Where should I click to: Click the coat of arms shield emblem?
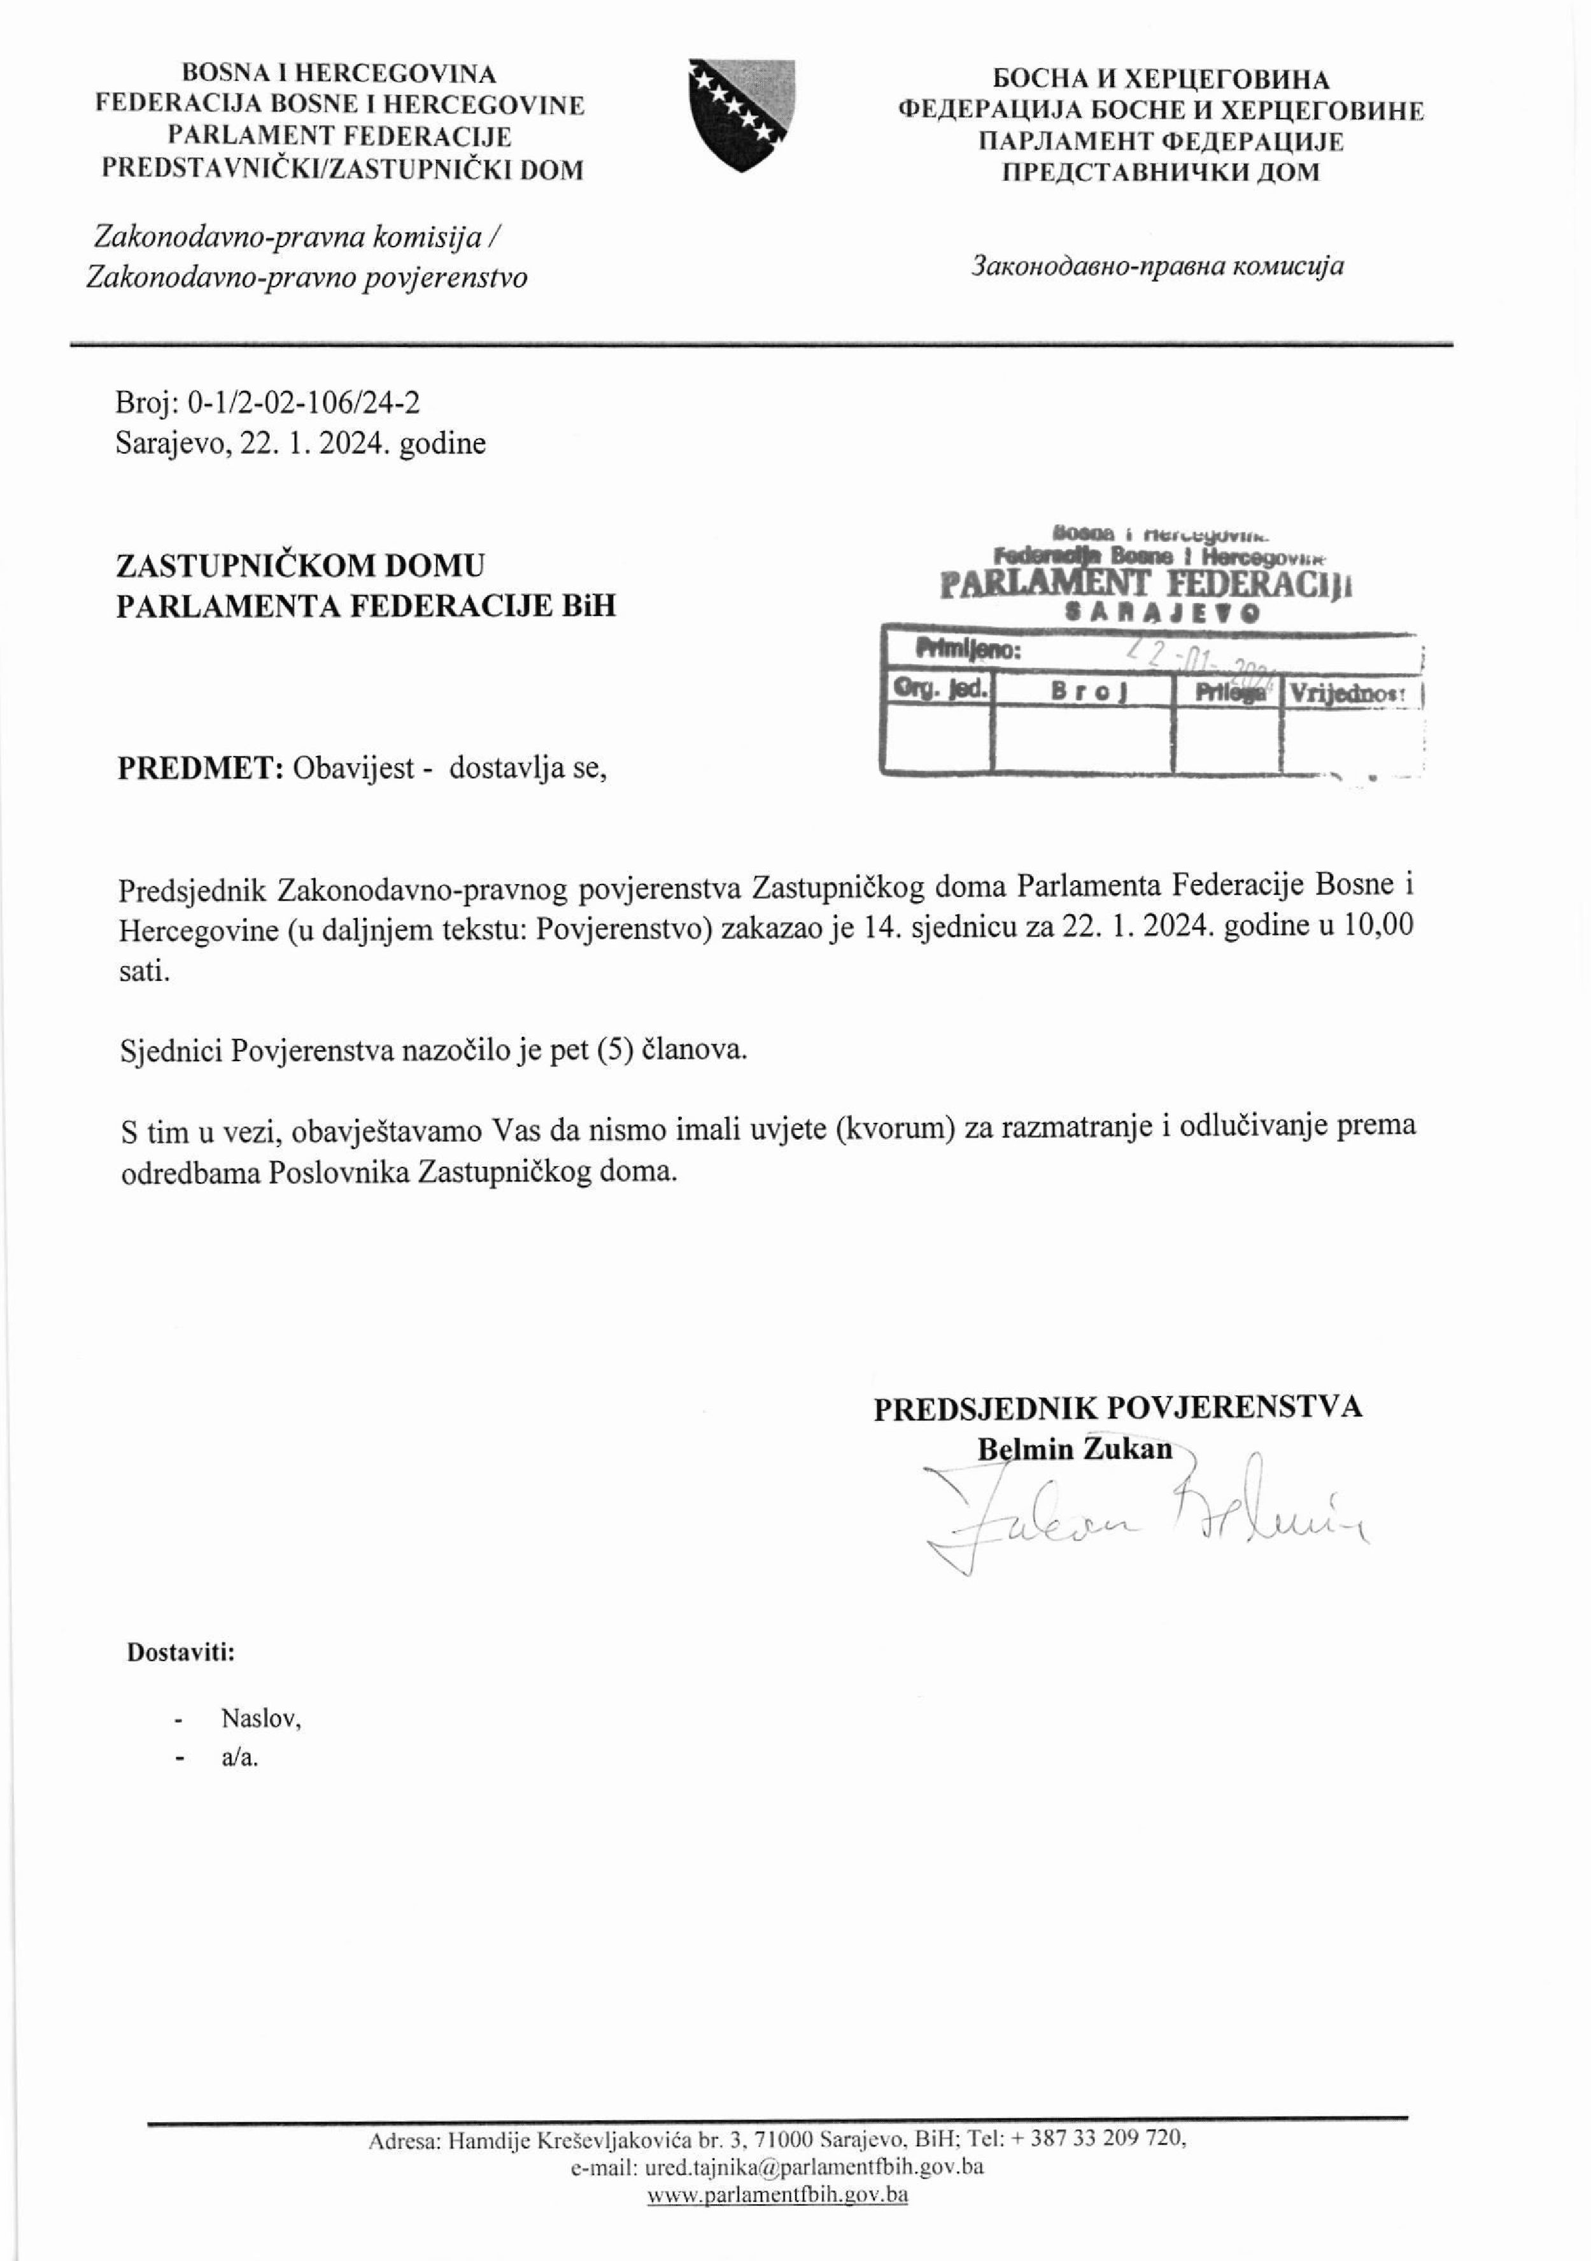pos(742,114)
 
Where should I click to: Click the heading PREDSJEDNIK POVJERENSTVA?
pos(1117,1406)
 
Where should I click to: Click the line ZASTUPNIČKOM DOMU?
pos(301,566)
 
